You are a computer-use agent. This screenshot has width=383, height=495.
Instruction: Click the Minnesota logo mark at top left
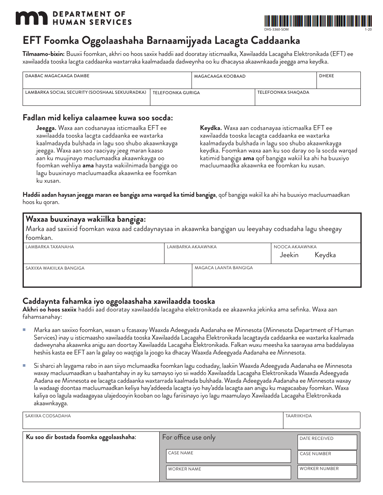[x=31, y=18]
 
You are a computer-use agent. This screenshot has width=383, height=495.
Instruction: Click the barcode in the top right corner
[x=312, y=21]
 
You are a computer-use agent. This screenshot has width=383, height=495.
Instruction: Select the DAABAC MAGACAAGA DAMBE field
[x=107, y=80]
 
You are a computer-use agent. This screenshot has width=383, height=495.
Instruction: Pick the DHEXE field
[x=338, y=80]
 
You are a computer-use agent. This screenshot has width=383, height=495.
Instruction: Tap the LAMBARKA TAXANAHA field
[x=94, y=254]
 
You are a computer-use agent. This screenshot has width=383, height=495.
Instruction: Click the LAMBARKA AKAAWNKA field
[x=217, y=254]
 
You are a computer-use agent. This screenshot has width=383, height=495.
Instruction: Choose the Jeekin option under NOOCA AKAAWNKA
[x=289, y=255]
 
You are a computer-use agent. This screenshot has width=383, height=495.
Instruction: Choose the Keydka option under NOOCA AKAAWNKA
[x=325, y=255]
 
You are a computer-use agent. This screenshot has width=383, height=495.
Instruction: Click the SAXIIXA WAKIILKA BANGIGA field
[x=107, y=276]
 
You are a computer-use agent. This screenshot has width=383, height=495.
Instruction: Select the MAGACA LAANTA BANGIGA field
[x=276, y=276]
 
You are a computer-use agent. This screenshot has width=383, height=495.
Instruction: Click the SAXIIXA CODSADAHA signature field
[x=153, y=421]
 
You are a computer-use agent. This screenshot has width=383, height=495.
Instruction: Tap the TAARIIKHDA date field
[x=321, y=421]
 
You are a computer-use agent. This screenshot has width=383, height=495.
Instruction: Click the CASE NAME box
[x=229, y=456]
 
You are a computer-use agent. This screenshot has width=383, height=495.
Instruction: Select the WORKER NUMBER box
[x=327, y=472]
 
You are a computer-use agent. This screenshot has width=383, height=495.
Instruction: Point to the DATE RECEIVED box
[x=327, y=442]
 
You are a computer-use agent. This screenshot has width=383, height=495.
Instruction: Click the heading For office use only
[x=189, y=437]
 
